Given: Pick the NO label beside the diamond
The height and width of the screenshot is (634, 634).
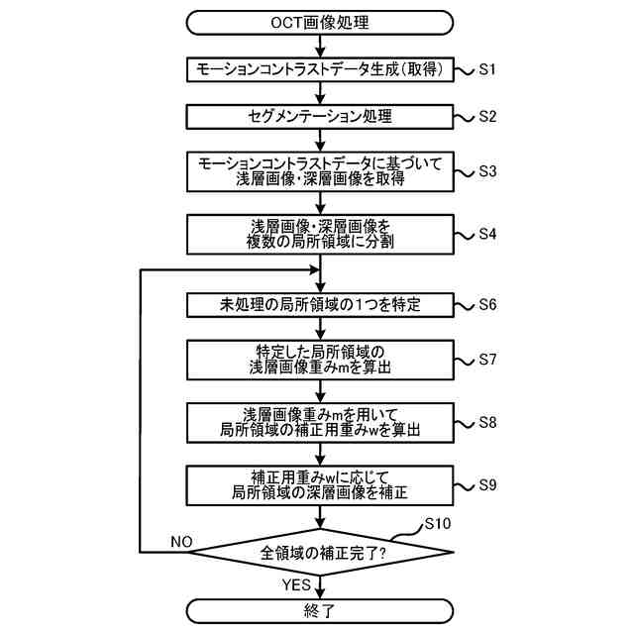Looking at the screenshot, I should point(181,542).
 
